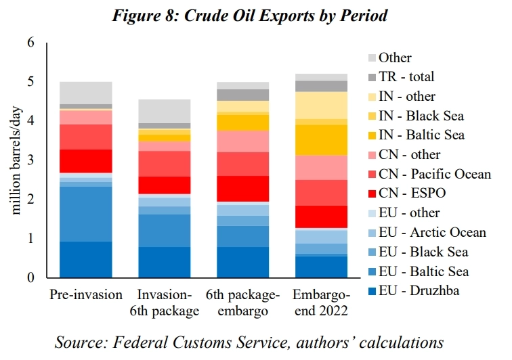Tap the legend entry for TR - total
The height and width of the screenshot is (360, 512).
pyautogui.click(x=406, y=77)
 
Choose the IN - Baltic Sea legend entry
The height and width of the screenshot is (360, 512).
pyautogui.click(x=421, y=135)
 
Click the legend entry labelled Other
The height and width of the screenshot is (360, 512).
pyautogui.click(x=395, y=58)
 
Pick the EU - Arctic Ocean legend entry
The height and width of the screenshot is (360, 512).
pyautogui.click(x=432, y=232)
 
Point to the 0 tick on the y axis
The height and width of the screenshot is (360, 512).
pyautogui.click(x=30, y=278)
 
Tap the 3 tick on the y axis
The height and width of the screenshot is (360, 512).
pyautogui.click(x=30, y=160)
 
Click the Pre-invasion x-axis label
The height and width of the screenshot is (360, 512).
pyautogui.click(x=86, y=296)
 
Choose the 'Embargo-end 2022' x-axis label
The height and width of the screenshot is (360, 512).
pyautogui.click(x=322, y=303)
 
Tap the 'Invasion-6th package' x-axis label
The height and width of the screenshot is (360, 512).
pyautogui.click(x=165, y=303)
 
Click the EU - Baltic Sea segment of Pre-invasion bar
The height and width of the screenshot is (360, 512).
pyautogui.click(x=86, y=214)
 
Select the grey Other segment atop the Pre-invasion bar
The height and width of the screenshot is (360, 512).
pyautogui.click(x=86, y=93)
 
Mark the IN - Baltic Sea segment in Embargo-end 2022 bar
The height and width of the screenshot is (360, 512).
pyautogui.click(x=322, y=140)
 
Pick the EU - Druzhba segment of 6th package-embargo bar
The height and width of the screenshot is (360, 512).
pyautogui.click(x=243, y=263)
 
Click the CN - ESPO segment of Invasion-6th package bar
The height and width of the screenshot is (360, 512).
pyautogui.click(x=165, y=185)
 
